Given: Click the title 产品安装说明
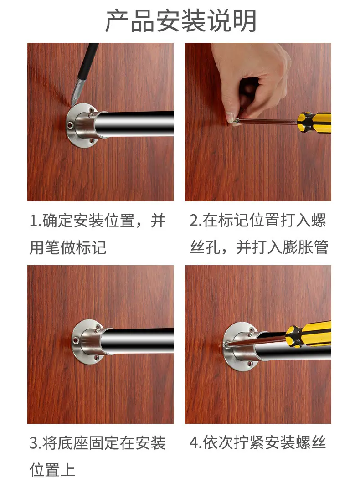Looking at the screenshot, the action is [181, 21].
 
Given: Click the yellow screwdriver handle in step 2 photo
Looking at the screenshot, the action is [314, 122].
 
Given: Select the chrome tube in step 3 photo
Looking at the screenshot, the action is [138, 341].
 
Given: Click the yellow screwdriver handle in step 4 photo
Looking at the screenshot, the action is [308, 334].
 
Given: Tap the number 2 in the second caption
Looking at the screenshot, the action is [194, 221].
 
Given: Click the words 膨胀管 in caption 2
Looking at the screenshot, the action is [305, 247].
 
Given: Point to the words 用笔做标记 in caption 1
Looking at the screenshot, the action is [68, 248].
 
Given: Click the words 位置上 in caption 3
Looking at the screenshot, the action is [52, 470].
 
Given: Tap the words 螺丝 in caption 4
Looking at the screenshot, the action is [311, 443].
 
